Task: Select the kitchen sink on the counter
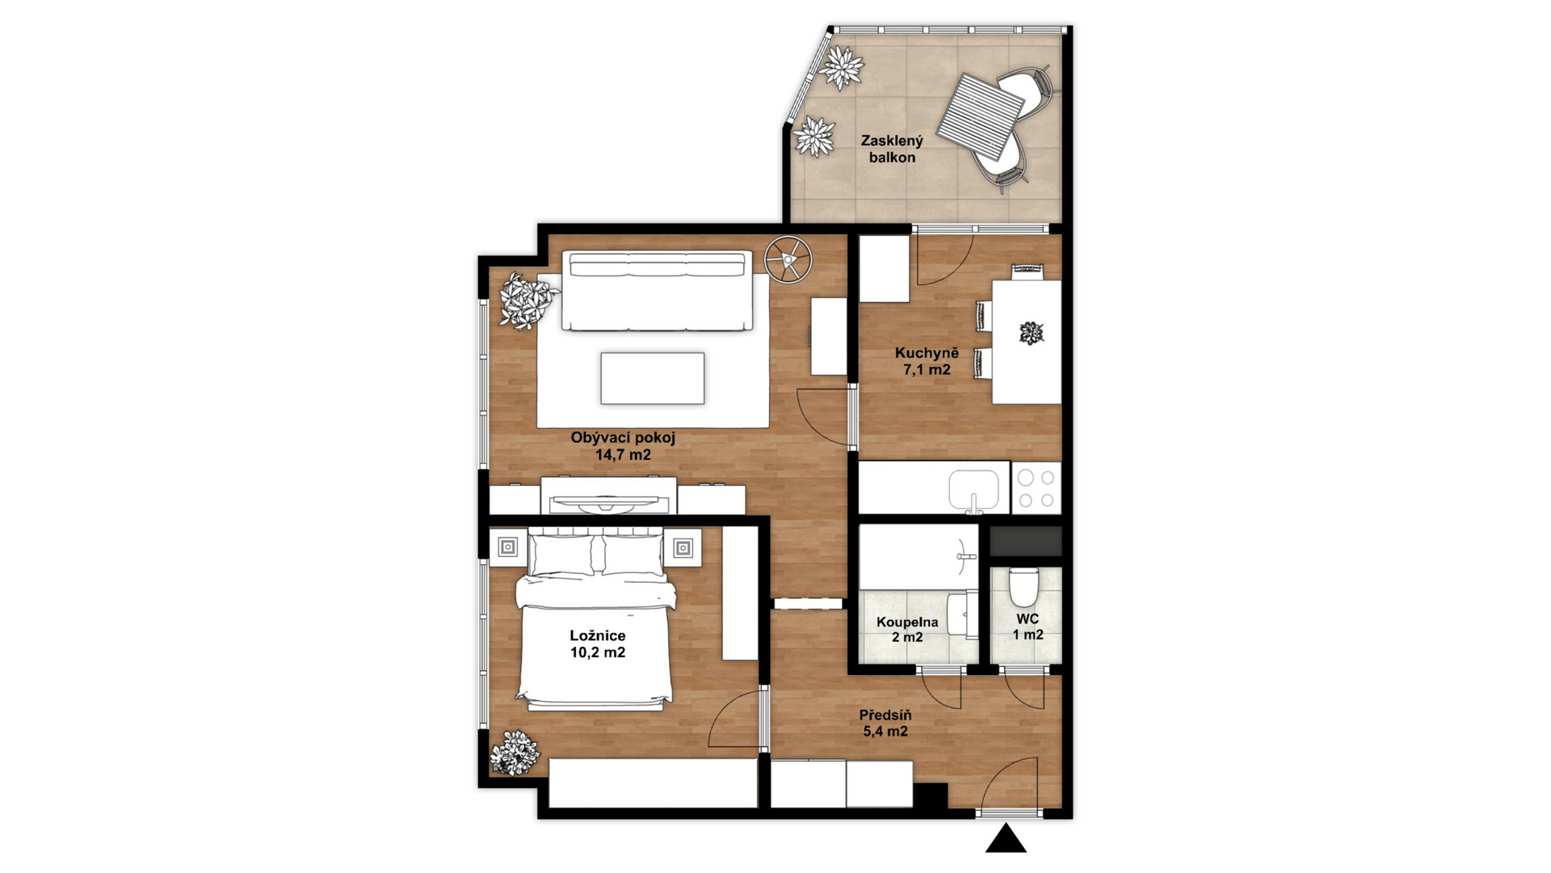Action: pos(973,488)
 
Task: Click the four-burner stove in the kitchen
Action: pos(1036,488)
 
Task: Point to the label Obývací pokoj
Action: pos(623,438)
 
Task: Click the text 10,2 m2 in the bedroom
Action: pos(598,652)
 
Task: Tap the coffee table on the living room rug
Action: pos(652,378)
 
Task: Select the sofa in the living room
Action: pos(658,291)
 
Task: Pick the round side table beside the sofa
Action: pos(788,259)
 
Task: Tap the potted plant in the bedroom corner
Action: pos(514,753)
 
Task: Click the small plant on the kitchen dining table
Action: pos(1032,333)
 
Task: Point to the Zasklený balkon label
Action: pos(892,149)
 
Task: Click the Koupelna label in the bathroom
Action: pos(907,622)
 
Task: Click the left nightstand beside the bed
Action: pos(508,548)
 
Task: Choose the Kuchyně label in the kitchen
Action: pos(927,353)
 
